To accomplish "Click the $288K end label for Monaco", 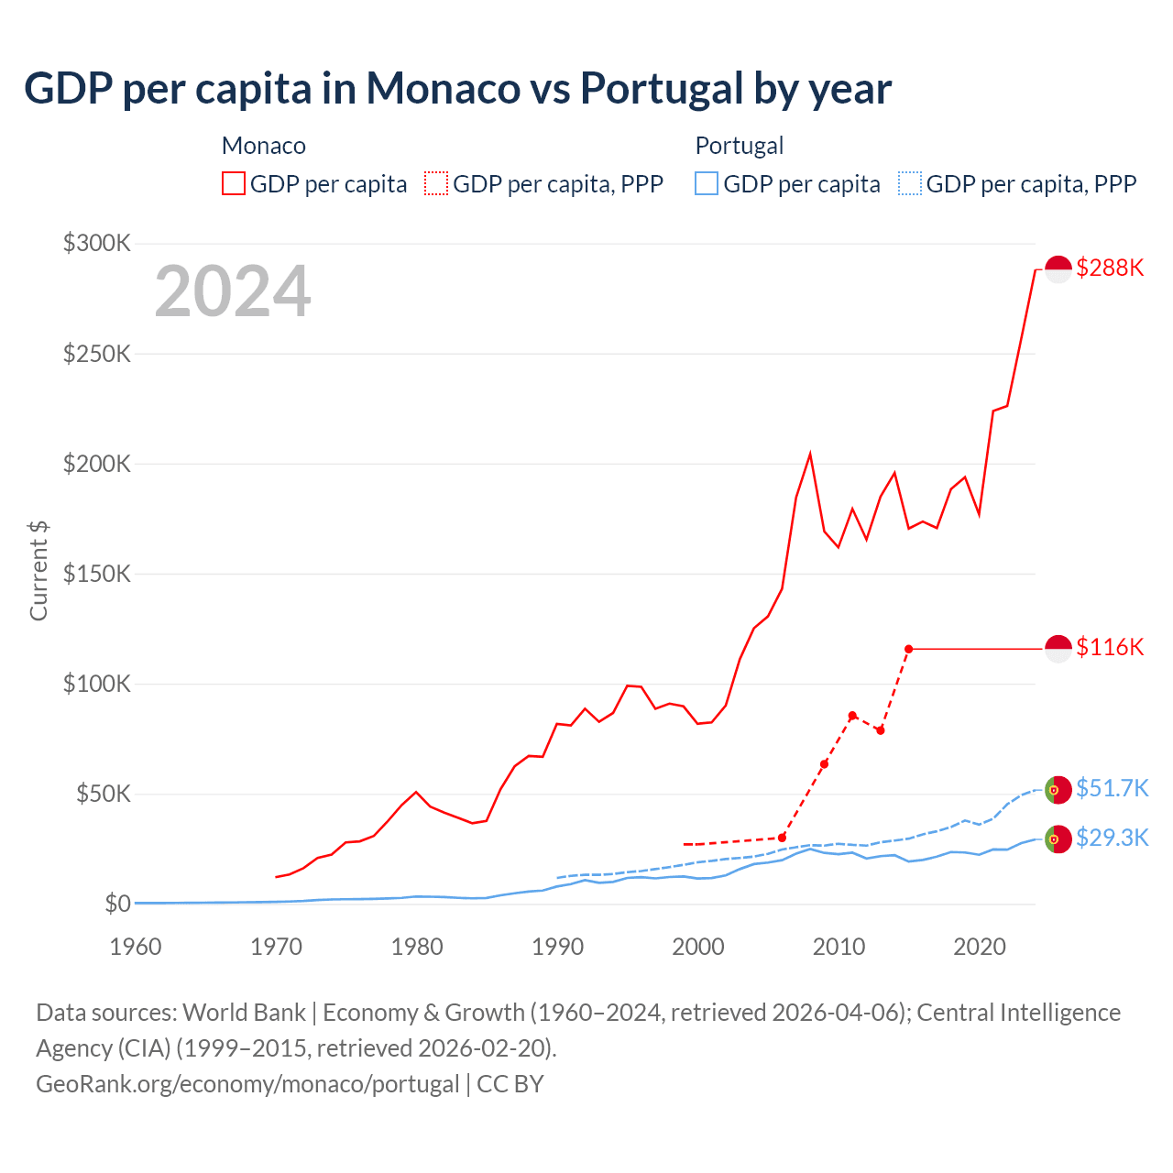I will pos(1110,268).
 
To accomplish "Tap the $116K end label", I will pos(1110,647).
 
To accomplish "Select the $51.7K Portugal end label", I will pos(1112,788).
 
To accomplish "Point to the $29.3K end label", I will pos(1112,838).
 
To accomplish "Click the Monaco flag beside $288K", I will pos(1058,269).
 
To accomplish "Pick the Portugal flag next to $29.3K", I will pos(1058,839).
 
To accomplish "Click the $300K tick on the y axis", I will pos(97,243).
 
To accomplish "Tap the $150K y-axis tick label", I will pos(97,574).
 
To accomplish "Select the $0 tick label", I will pos(117,904).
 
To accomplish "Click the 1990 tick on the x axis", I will pos(557,947).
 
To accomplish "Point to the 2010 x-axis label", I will pos(839,947).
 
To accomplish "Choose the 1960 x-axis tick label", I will pos(136,947).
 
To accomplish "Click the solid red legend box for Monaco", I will pos(234,183).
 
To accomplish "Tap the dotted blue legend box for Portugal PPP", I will pos(910,183).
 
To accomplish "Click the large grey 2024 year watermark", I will pos(233,291).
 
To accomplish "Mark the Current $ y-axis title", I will pos(38,570).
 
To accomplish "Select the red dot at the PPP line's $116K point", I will pos(908,649).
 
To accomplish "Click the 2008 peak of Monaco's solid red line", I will pos(810,454).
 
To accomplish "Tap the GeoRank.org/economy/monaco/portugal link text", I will pos(247,1084).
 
